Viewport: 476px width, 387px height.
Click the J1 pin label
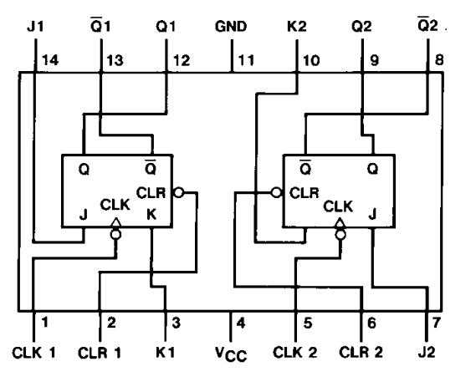point(35,26)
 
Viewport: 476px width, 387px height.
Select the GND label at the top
point(231,26)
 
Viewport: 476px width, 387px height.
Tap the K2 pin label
point(297,26)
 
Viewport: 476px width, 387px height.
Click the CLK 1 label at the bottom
point(34,351)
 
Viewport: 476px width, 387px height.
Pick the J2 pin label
point(429,351)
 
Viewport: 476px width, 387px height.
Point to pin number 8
point(439,60)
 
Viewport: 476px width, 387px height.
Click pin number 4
point(241,322)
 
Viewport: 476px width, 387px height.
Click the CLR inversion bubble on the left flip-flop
point(178,192)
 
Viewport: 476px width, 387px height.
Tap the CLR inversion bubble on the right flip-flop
point(275,192)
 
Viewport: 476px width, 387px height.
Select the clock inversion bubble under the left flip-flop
point(116,235)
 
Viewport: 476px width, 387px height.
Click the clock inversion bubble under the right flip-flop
point(339,235)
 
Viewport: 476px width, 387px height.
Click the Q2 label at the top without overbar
point(361,26)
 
